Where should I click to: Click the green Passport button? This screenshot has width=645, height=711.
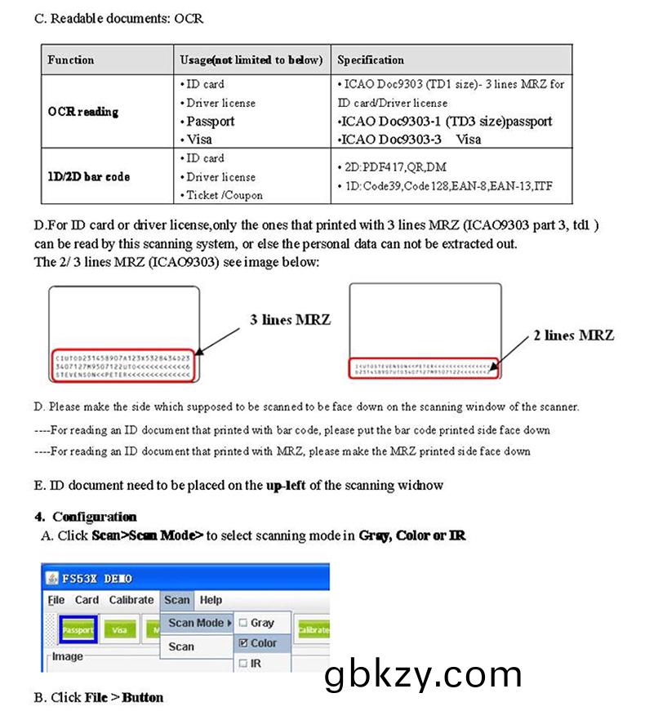(78, 629)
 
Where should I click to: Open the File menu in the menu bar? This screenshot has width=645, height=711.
(56, 599)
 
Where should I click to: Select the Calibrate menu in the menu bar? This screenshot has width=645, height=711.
(131, 599)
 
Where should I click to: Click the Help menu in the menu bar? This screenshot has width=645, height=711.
(211, 599)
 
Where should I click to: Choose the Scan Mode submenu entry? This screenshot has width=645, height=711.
(197, 623)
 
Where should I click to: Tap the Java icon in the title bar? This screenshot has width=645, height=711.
(51, 579)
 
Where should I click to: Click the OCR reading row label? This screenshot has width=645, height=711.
(82, 112)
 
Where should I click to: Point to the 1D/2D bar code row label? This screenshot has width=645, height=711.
(88, 176)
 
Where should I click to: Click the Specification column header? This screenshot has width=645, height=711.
(370, 60)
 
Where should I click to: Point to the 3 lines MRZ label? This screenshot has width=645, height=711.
(290, 320)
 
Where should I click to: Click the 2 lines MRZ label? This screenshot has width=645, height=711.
(573, 336)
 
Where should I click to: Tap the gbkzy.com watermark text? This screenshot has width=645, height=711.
(422, 675)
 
